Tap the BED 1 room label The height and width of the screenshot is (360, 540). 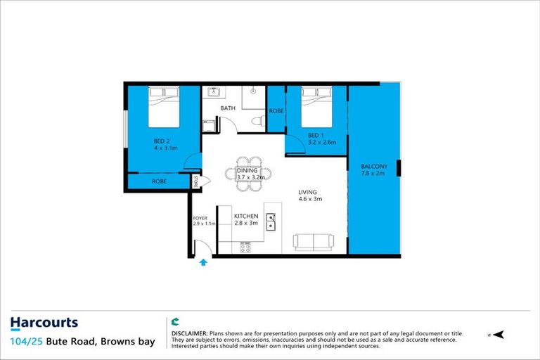316,134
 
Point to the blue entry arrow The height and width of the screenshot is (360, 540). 203,262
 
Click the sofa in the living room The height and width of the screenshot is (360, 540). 313,243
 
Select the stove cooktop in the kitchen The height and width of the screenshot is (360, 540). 245,247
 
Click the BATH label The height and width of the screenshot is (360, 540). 228,108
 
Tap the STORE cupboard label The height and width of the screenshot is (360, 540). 198,181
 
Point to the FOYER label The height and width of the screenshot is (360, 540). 200,218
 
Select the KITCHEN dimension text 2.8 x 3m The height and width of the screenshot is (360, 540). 246,224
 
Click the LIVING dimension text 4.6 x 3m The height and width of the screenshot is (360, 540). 309,199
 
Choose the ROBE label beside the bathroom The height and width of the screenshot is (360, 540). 276,110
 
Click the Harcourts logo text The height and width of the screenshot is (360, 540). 44,323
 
